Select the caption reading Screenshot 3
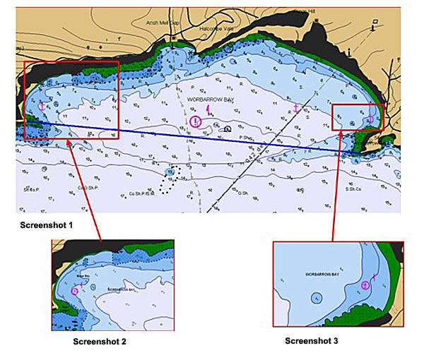pos(312,341)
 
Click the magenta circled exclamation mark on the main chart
pos(196,121)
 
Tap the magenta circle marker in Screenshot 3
pos(365,285)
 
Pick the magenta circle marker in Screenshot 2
pos(76,289)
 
